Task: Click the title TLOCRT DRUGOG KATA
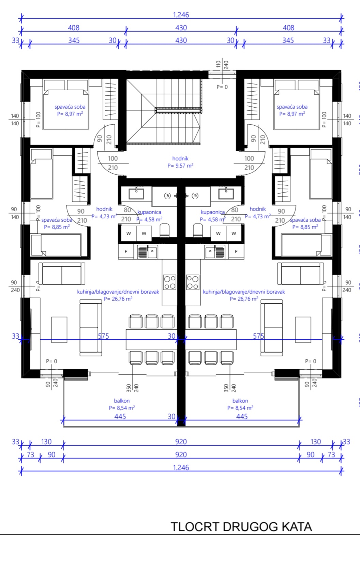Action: (x=241, y=527)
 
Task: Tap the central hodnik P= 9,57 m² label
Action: (x=180, y=162)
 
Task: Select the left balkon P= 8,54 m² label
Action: (x=122, y=404)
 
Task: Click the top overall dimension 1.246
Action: (x=181, y=15)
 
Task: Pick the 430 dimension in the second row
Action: (x=181, y=28)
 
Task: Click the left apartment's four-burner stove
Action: (x=170, y=282)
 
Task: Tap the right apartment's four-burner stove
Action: (x=193, y=282)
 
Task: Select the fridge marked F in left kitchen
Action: (x=126, y=251)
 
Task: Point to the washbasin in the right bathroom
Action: (x=226, y=193)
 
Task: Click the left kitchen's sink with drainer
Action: (x=148, y=252)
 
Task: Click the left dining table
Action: (x=151, y=339)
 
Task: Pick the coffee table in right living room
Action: (x=303, y=330)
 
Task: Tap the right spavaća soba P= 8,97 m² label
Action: (x=292, y=110)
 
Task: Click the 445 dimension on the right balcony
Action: (x=242, y=416)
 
